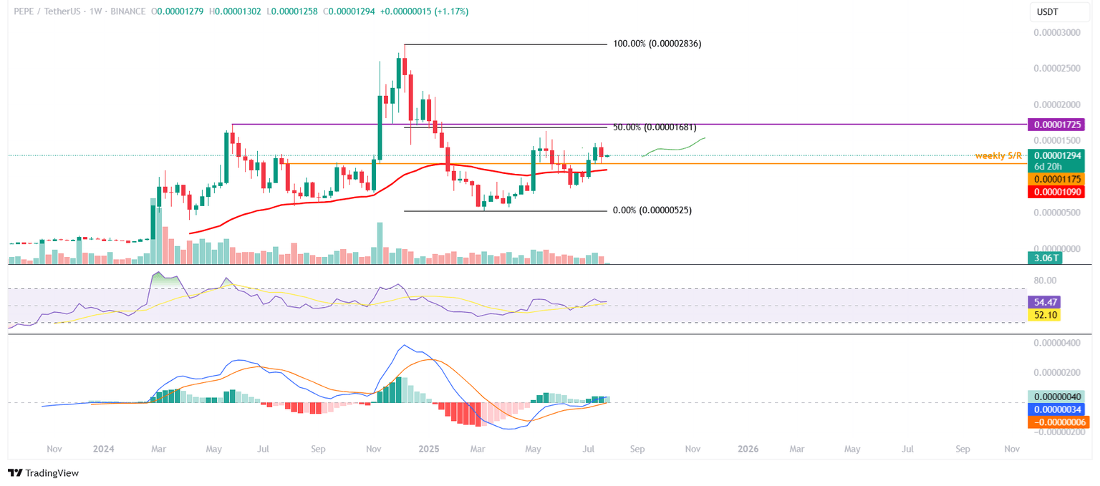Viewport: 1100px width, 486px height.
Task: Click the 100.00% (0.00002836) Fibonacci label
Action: point(657,44)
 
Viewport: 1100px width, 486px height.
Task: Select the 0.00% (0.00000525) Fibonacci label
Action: point(652,210)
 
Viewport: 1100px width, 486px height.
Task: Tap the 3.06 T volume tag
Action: point(1045,258)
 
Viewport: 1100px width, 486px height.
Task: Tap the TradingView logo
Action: point(43,473)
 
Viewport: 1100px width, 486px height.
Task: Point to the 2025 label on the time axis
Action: point(429,449)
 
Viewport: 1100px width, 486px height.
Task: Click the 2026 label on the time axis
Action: point(748,449)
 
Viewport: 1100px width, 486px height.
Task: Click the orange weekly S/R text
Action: point(999,155)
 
